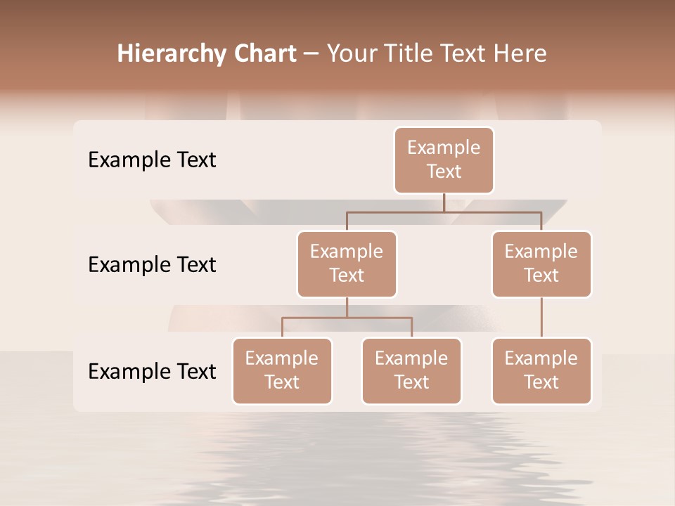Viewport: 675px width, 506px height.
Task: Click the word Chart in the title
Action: (264, 54)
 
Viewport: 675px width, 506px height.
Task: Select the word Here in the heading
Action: (520, 54)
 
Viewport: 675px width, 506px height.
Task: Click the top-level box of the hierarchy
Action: (444, 160)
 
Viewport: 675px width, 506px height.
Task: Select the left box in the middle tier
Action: (347, 264)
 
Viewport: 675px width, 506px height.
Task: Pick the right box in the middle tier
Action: (541, 264)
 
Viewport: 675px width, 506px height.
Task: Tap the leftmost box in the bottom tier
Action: (282, 370)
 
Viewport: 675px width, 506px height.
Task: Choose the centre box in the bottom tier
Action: (411, 370)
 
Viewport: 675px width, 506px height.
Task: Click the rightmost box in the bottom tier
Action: (541, 370)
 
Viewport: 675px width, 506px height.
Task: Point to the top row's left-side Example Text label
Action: (152, 160)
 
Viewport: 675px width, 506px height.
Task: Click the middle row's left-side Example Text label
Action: (152, 265)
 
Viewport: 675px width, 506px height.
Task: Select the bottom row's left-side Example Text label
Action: (152, 371)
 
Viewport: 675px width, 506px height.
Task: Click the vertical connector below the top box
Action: (444, 202)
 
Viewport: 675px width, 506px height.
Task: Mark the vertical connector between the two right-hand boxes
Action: (541, 317)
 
